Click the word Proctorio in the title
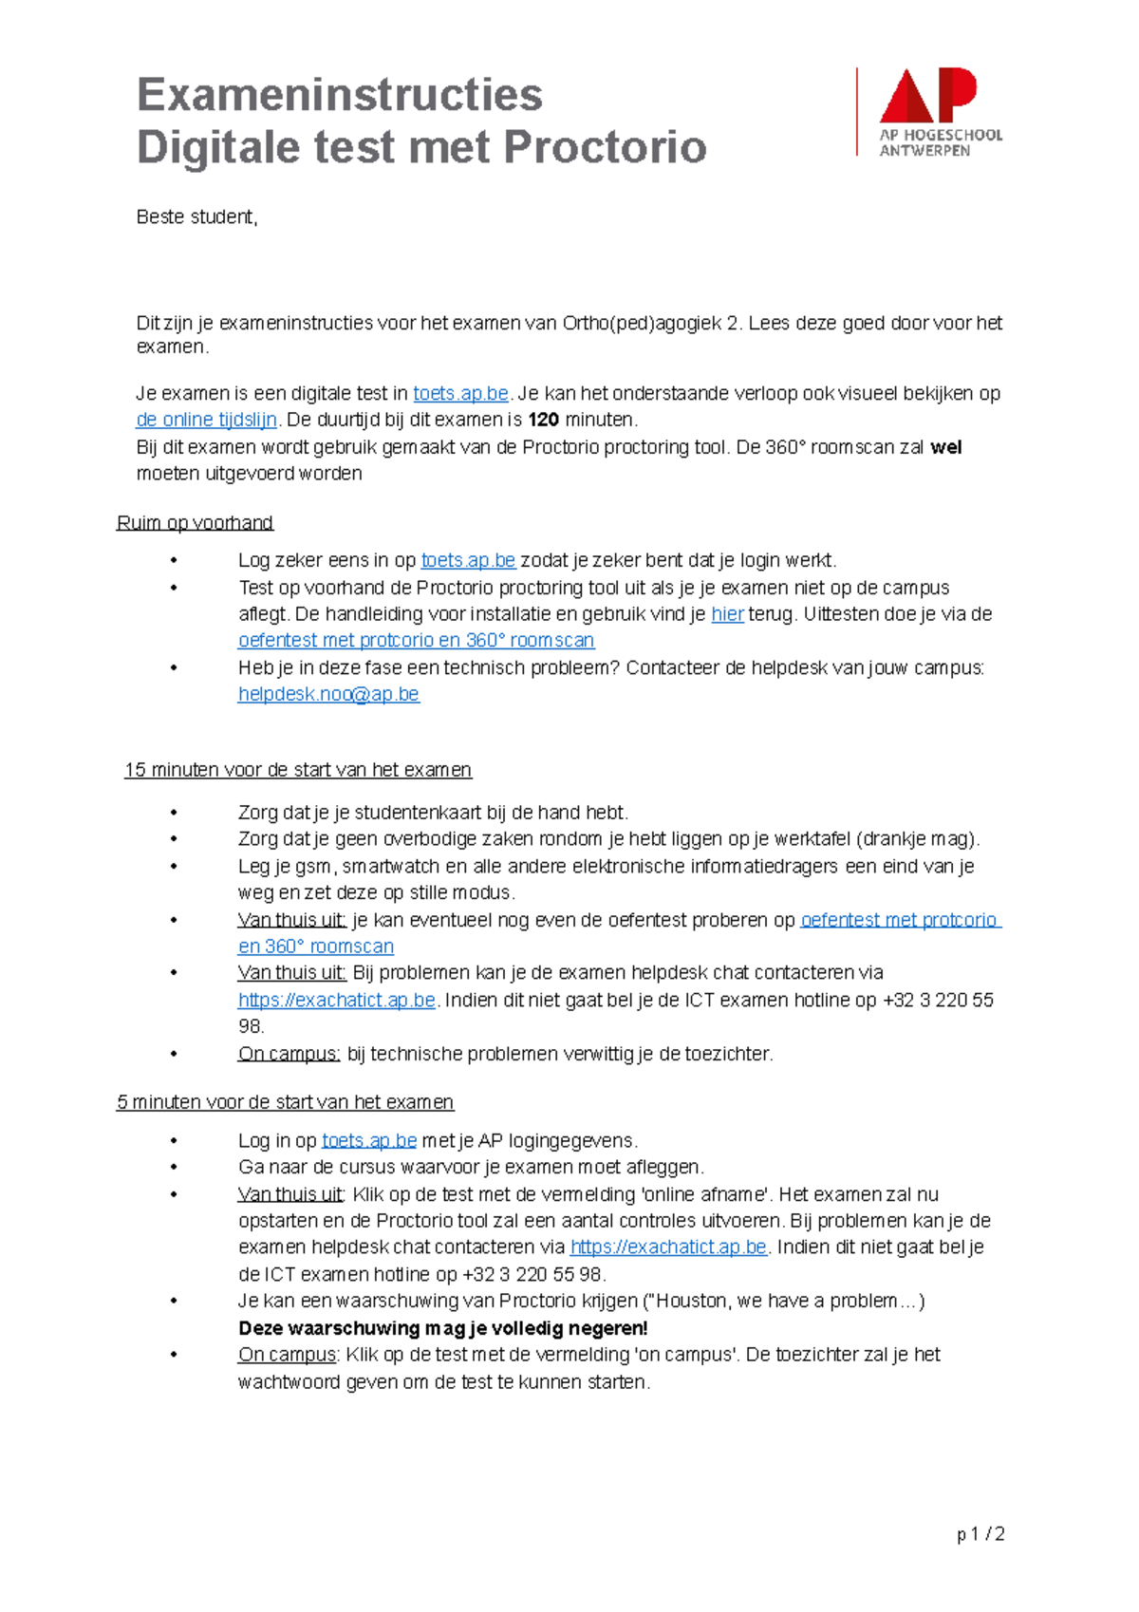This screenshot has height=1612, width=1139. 605,147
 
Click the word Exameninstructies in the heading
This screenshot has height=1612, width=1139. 340,95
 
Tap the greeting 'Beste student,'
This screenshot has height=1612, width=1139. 196,217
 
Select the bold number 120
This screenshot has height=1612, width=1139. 543,420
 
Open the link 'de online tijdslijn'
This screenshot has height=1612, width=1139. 206,420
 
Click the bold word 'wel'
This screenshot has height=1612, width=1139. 945,447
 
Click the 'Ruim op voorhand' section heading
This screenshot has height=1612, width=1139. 195,523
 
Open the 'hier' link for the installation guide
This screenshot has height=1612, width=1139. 727,614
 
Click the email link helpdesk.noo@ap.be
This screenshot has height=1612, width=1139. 328,694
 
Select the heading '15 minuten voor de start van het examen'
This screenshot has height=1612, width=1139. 297,770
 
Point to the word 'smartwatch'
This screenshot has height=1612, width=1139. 391,867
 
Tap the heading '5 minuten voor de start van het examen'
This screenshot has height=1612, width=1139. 285,1102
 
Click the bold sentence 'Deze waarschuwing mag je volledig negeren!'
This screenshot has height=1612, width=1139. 442,1328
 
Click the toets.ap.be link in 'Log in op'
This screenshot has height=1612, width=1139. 368,1141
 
